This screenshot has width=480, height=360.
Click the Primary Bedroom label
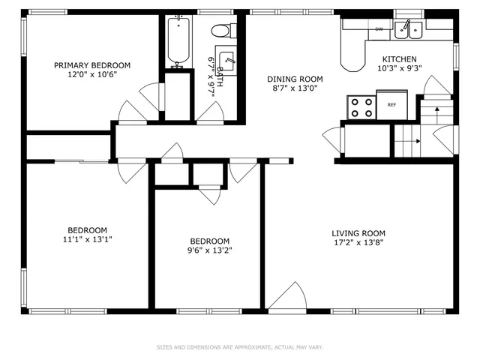92,65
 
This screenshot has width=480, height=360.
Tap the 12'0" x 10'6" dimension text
92,74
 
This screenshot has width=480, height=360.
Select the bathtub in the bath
178,43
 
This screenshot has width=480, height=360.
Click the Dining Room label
295,79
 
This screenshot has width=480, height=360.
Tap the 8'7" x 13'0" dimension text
295,88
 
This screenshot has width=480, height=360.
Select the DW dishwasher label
379,28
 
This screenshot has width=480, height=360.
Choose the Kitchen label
400,59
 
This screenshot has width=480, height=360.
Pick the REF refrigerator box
391,104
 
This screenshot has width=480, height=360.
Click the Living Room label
359,233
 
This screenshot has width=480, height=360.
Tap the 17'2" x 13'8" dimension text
359,242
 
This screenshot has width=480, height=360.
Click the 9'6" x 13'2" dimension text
210,250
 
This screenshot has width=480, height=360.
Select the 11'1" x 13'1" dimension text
88,239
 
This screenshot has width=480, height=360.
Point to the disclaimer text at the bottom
240,347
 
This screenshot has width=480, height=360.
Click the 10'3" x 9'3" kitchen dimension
400,68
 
